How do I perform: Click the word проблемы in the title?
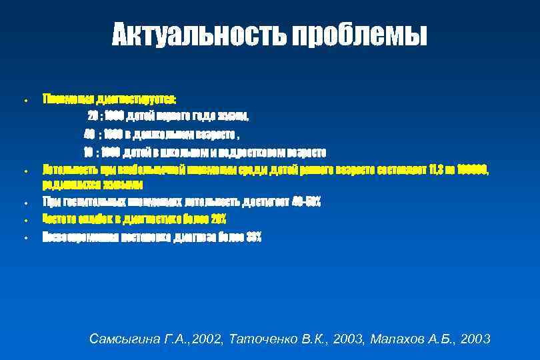(358, 35)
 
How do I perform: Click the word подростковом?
(254, 150)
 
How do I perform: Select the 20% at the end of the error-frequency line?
(217, 219)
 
